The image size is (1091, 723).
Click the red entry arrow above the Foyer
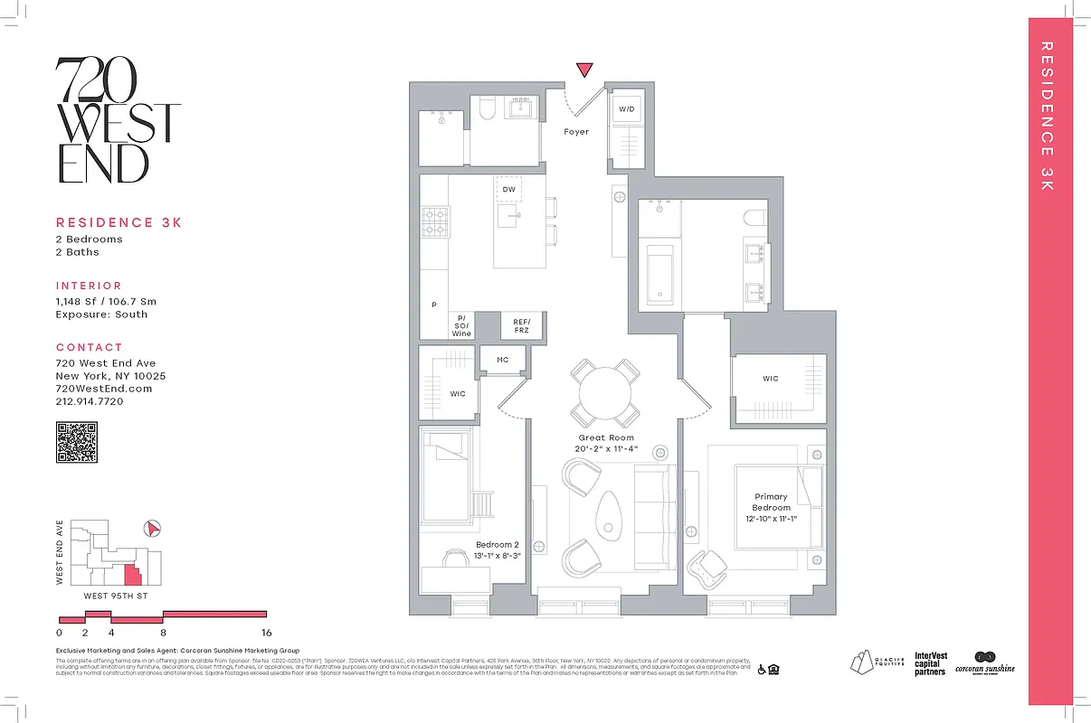point(585,70)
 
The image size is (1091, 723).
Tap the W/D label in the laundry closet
point(626,109)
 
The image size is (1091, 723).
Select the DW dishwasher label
point(509,189)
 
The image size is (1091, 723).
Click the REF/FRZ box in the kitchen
point(522,326)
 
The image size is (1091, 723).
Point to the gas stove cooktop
point(433,221)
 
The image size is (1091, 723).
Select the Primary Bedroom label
point(771,502)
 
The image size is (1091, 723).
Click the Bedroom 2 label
point(498,545)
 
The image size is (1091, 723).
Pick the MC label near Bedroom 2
point(503,360)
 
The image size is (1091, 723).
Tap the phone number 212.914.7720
point(90,401)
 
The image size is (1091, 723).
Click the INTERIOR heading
point(89,286)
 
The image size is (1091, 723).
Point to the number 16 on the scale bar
point(266,633)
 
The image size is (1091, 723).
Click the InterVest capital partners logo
point(930,664)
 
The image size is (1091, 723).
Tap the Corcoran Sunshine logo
point(985,663)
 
